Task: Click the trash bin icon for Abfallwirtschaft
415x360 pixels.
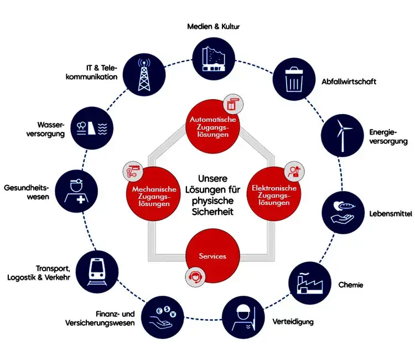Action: [x=294, y=79]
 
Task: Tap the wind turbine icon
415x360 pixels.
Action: [x=343, y=135]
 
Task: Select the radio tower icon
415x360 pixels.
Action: [x=144, y=75]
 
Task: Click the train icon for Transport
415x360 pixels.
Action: [x=97, y=271]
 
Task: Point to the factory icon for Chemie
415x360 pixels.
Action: [x=309, y=283]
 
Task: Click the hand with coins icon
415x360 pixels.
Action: [x=162, y=317]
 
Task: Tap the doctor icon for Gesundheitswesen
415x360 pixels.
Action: [x=76, y=191]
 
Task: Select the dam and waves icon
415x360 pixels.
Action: [x=92, y=128]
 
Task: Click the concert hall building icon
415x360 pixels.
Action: [x=214, y=59]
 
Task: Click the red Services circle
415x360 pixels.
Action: [x=213, y=256]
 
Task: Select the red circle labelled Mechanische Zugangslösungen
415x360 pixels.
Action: [x=153, y=193]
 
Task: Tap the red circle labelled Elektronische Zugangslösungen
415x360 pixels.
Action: [x=274, y=193]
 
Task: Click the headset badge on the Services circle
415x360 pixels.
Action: [x=195, y=277]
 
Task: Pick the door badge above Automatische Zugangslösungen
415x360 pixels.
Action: [x=233, y=104]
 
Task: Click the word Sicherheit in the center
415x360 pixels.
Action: [x=212, y=212]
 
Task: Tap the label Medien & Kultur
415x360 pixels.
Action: [x=214, y=27]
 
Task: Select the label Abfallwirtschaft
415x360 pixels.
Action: [x=349, y=81]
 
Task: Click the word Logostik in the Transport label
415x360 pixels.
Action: [x=22, y=277]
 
